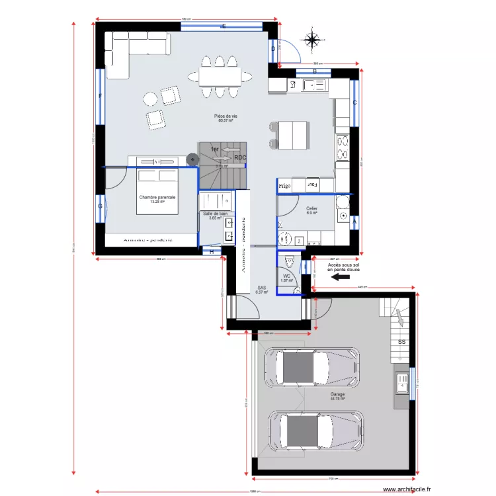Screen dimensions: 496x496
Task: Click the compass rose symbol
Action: pyautogui.click(x=312, y=39)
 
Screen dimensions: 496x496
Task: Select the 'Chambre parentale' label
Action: pyautogui.click(x=157, y=198)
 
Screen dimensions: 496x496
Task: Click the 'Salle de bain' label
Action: pyautogui.click(x=215, y=214)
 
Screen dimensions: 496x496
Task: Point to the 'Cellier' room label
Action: pyautogui.click(x=311, y=210)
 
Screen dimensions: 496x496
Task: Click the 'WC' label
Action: pyautogui.click(x=286, y=276)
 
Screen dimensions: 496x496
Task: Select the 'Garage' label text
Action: pyautogui.click(x=337, y=395)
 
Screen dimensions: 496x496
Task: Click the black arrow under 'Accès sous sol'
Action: pyautogui.click(x=340, y=278)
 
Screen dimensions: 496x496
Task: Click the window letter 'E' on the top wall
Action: pyautogui.click(x=224, y=26)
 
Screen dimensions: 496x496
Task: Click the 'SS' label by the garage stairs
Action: pyautogui.click(x=401, y=342)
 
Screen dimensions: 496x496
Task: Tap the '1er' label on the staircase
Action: pyautogui.click(x=214, y=150)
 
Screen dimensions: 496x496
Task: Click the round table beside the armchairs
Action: pyautogui.click(x=150, y=99)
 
